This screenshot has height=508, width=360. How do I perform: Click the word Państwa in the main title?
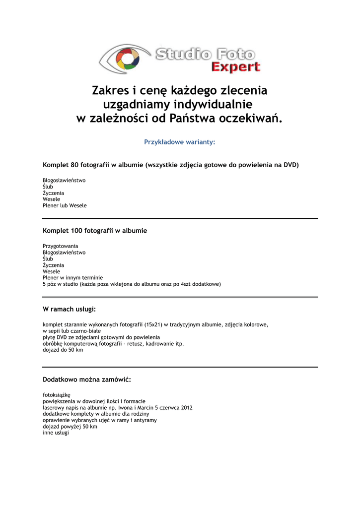tap(193, 119)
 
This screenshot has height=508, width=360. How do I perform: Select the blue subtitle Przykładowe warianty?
tap(179, 142)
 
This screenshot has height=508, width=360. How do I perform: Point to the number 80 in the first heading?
tap(75, 165)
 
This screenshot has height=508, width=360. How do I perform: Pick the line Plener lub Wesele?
tap(65, 205)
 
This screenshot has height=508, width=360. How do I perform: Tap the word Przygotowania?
tap(60, 246)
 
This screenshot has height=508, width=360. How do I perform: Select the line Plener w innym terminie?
tap(72, 278)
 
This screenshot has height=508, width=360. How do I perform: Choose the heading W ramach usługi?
tap(69, 310)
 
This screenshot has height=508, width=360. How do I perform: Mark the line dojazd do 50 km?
tap(63, 350)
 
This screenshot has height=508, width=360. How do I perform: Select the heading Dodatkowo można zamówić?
tap(86, 380)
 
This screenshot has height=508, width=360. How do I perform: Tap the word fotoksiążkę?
tap(57, 395)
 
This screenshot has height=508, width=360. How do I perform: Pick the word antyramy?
tap(146, 420)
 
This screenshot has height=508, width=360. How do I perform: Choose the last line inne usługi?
tap(56, 433)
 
